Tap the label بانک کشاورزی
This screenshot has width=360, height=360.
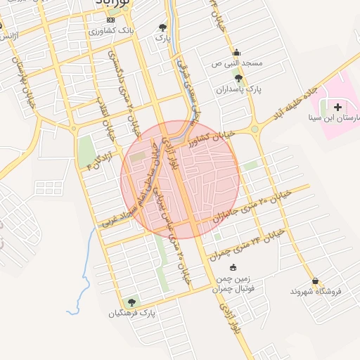(x=112, y=32)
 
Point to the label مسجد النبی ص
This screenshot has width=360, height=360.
(x=238, y=63)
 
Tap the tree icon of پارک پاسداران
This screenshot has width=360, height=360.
(x=238, y=79)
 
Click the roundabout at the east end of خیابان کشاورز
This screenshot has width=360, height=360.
(x=253, y=129)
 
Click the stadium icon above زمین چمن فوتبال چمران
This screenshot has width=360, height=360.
(x=233, y=267)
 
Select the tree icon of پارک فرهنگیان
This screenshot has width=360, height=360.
(x=131, y=302)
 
